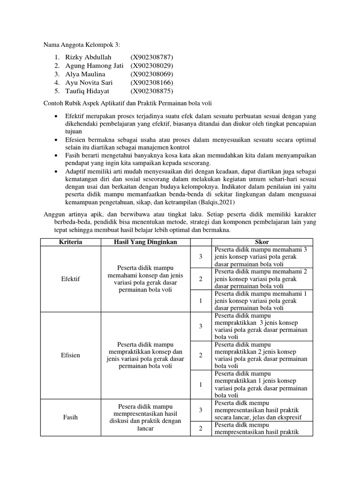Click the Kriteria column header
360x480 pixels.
coord(71,242)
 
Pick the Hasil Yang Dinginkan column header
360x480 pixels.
coord(145,242)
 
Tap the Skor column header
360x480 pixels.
coord(262,242)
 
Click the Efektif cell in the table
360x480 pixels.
coord(71,279)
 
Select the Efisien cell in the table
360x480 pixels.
coord(71,355)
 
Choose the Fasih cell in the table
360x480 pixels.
coord(71,417)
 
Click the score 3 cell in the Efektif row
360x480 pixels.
coord(200,256)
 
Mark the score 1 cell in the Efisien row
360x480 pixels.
coord(200,384)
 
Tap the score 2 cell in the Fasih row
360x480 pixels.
coord(200,428)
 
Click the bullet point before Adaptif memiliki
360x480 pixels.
coord(56,172)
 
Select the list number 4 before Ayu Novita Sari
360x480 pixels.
coord(56,82)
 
